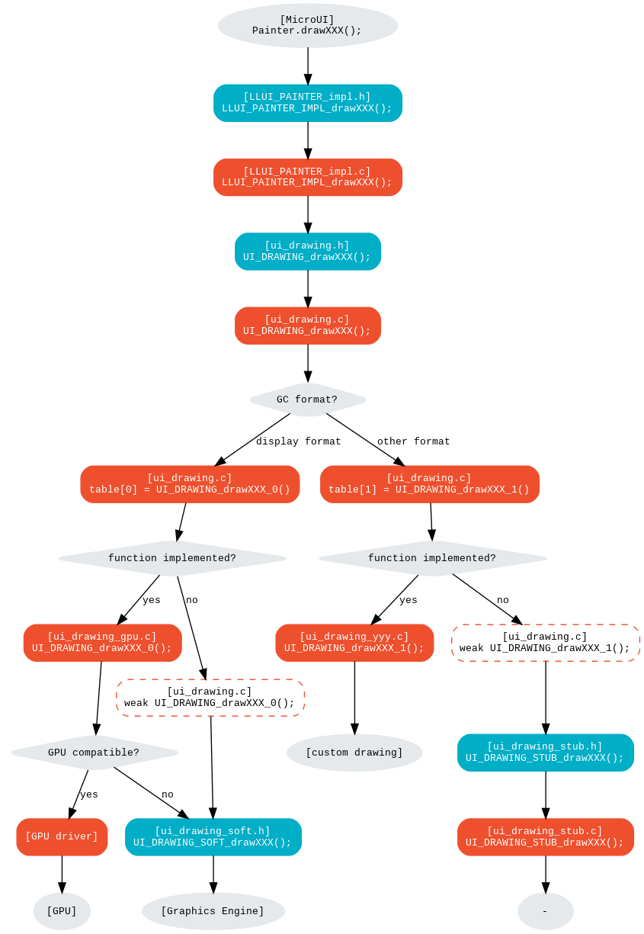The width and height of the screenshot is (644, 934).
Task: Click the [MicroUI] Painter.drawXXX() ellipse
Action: tap(307, 25)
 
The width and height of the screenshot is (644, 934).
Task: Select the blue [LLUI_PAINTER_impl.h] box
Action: tap(308, 103)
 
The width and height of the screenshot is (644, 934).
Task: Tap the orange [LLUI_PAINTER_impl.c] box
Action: tap(308, 177)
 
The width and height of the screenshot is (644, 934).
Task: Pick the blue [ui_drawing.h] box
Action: tap(308, 252)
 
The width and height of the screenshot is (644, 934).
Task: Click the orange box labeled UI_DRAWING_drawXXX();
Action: tap(308, 326)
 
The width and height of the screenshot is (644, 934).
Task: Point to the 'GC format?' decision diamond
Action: tap(307, 400)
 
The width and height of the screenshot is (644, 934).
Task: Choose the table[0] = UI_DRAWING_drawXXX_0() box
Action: tap(190, 484)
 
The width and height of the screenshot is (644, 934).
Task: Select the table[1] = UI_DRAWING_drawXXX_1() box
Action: tap(430, 484)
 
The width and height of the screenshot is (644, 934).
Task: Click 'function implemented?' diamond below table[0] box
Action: tap(172, 558)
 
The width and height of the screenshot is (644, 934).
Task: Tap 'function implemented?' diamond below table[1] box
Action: tap(432, 558)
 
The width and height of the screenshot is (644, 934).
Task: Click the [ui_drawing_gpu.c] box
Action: tap(102, 643)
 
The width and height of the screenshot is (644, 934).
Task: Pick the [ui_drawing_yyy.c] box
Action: tap(354, 643)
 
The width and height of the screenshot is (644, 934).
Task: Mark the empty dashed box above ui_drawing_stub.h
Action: tap(546, 643)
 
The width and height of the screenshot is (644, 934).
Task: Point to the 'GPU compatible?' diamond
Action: tap(94, 753)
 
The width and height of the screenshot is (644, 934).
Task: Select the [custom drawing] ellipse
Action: tap(354, 753)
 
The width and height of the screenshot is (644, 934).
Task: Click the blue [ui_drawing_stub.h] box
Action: tap(546, 753)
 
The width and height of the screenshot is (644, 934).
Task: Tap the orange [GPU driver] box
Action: tap(62, 836)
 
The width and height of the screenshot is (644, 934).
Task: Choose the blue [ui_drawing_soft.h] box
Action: tap(213, 836)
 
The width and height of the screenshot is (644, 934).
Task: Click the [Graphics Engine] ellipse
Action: tap(213, 911)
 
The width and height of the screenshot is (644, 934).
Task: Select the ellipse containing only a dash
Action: tap(546, 911)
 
